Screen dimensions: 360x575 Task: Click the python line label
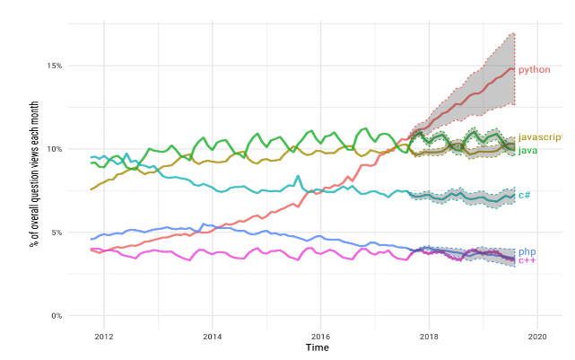[x=535, y=69]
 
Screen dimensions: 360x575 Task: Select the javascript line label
[x=540, y=137]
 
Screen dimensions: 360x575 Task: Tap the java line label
[x=528, y=150]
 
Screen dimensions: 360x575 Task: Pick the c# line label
[x=525, y=195]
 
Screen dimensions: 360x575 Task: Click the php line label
[x=527, y=251]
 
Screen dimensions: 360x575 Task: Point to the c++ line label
[x=527, y=260]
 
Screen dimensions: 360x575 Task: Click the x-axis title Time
[x=317, y=347]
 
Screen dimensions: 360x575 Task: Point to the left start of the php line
[x=91, y=240]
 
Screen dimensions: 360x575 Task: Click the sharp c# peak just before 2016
[x=298, y=176]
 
